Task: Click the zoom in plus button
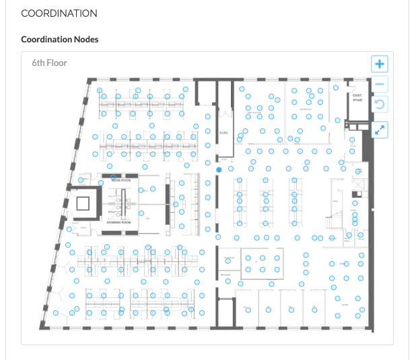click(380, 64)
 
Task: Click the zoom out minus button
click(380, 84)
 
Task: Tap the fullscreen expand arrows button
click(380, 129)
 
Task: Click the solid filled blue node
click(219, 170)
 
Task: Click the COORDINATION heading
click(59, 13)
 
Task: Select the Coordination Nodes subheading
click(60, 39)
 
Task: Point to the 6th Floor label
click(50, 63)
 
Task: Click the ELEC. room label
click(224, 133)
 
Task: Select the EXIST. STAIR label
click(357, 98)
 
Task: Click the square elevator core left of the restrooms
click(84, 203)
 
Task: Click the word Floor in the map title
click(59, 63)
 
